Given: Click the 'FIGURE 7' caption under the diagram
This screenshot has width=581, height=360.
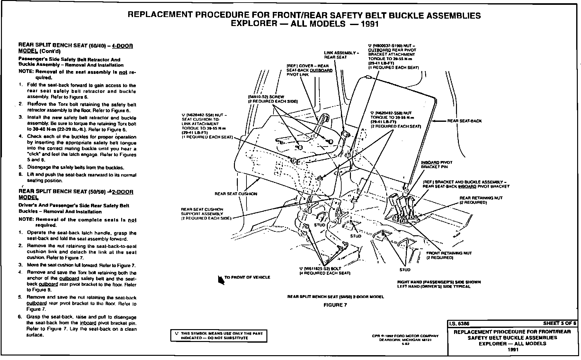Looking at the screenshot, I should point(335,305).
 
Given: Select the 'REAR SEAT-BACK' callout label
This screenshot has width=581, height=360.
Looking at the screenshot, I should point(464,121).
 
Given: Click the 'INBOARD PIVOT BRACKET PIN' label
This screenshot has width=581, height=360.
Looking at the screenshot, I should point(436,165).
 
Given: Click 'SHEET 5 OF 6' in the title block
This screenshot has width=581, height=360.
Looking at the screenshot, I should point(559,323).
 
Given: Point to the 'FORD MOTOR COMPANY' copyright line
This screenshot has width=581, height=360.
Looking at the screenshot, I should point(405,336).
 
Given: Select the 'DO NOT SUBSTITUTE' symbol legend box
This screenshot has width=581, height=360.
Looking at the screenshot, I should point(219,336).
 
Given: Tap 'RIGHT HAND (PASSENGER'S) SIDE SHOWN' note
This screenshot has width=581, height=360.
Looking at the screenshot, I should point(439,282).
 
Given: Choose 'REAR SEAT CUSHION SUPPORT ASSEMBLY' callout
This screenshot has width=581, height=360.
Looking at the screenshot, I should point(206,214).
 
